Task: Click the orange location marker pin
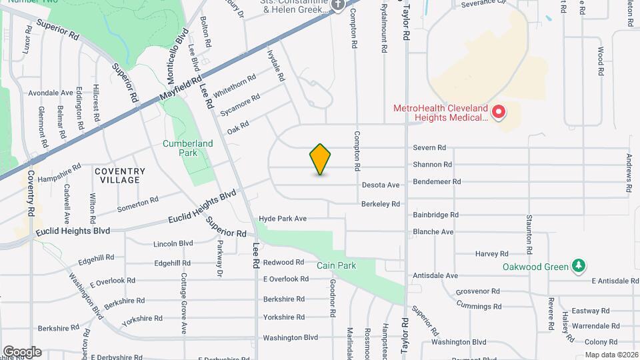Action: (320, 159)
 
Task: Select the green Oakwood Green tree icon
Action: (579, 267)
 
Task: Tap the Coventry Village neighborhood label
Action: (119, 175)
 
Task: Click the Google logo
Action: (22, 352)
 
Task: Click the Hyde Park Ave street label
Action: (282, 219)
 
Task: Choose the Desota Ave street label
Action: (380, 185)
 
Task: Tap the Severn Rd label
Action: (429, 148)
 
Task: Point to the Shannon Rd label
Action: (432, 165)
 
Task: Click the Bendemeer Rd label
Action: (437, 181)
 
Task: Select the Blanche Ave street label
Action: (433, 232)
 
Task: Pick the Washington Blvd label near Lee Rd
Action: (290, 338)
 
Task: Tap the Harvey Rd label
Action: (491, 253)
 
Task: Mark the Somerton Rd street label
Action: (137, 204)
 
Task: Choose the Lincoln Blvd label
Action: (173, 244)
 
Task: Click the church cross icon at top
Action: (337, 5)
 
